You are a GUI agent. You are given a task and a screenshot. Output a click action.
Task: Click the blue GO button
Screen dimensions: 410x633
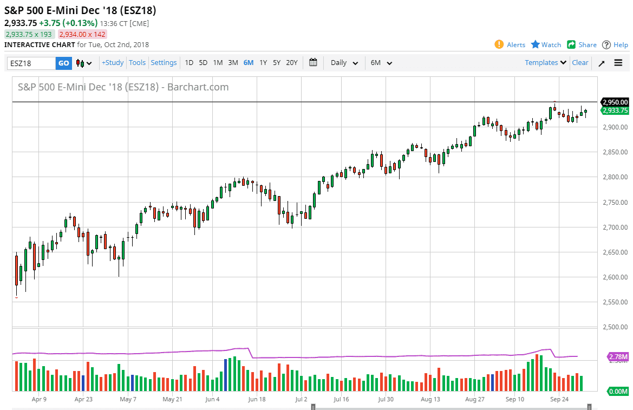(63, 63)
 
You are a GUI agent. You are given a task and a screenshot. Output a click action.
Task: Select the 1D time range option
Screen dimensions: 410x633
(189, 63)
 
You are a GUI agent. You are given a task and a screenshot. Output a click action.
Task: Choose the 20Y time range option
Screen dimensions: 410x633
(292, 63)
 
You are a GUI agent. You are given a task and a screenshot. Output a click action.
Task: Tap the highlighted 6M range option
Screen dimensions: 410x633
(248, 63)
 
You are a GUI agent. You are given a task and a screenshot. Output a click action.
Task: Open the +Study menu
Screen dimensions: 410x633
(113, 63)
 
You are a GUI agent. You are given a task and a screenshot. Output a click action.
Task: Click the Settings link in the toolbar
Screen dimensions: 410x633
(164, 63)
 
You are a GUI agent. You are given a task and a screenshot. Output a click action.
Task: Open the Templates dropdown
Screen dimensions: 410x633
(545, 63)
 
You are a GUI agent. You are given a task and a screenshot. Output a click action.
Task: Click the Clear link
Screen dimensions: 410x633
(580, 63)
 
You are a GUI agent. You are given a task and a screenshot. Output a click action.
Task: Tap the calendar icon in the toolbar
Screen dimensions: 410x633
(313, 62)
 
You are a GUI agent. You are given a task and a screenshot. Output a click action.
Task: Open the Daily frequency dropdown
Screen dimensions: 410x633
(344, 63)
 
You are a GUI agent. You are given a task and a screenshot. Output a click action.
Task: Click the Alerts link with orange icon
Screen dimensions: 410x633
(510, 45)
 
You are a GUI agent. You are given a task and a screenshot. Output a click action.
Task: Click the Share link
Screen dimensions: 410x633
(582, 45)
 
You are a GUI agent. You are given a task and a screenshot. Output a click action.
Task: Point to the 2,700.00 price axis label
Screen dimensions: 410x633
(615, 227)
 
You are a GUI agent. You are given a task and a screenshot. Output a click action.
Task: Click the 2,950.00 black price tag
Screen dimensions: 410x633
(615, 102)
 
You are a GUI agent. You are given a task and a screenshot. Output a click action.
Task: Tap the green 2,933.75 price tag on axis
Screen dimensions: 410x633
(615, 110)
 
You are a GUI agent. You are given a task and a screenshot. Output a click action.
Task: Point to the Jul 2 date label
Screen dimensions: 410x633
(301, 399)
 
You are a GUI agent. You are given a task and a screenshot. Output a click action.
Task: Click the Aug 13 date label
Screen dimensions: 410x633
(430, 399)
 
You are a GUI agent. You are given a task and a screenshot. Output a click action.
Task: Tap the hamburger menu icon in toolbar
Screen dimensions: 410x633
(618, 63)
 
